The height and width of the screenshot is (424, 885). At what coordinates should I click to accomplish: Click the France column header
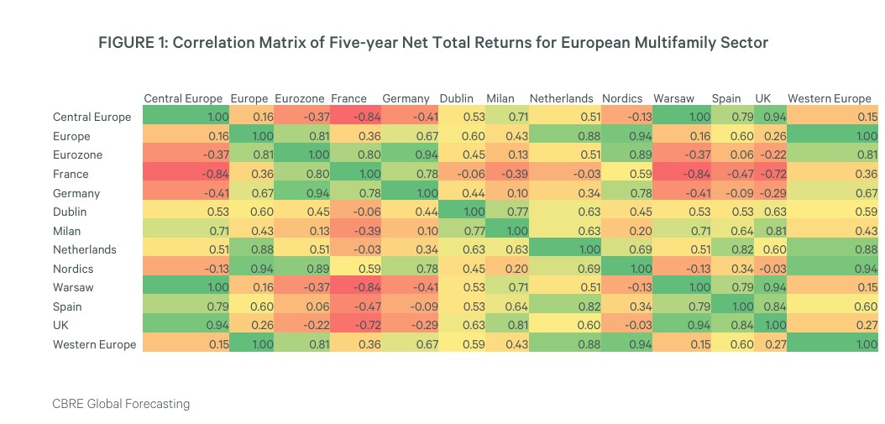348,98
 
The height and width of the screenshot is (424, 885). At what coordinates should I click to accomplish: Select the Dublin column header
456,98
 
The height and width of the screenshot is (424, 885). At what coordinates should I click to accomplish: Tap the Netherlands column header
561,98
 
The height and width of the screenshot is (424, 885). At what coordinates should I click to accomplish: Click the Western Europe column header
830,98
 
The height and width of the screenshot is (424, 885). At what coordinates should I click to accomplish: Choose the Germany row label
76,193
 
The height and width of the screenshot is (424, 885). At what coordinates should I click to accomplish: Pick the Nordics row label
73,269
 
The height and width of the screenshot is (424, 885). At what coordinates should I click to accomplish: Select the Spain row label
67,306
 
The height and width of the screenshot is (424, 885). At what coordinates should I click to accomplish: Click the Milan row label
66,231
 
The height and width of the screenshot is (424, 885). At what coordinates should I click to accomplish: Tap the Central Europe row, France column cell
355,118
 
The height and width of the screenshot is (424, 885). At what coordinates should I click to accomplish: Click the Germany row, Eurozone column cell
301,193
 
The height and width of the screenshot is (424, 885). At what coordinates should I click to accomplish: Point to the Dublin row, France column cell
355,212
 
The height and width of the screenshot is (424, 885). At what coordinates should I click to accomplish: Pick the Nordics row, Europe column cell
250,269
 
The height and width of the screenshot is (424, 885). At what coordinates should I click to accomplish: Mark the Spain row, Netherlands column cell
562,306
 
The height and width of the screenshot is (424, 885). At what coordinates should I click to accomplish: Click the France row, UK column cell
770,174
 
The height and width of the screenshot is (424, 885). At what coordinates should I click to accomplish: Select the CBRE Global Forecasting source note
121,404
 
